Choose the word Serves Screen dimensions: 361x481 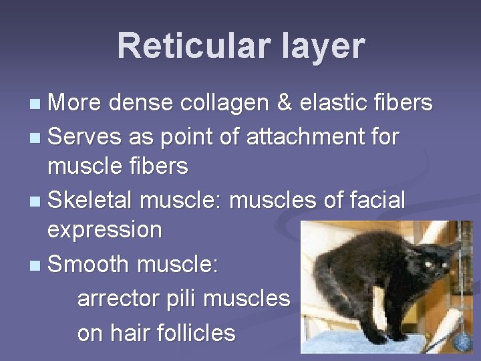(x=84, y=136)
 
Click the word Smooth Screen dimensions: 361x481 (x=89, y=263)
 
